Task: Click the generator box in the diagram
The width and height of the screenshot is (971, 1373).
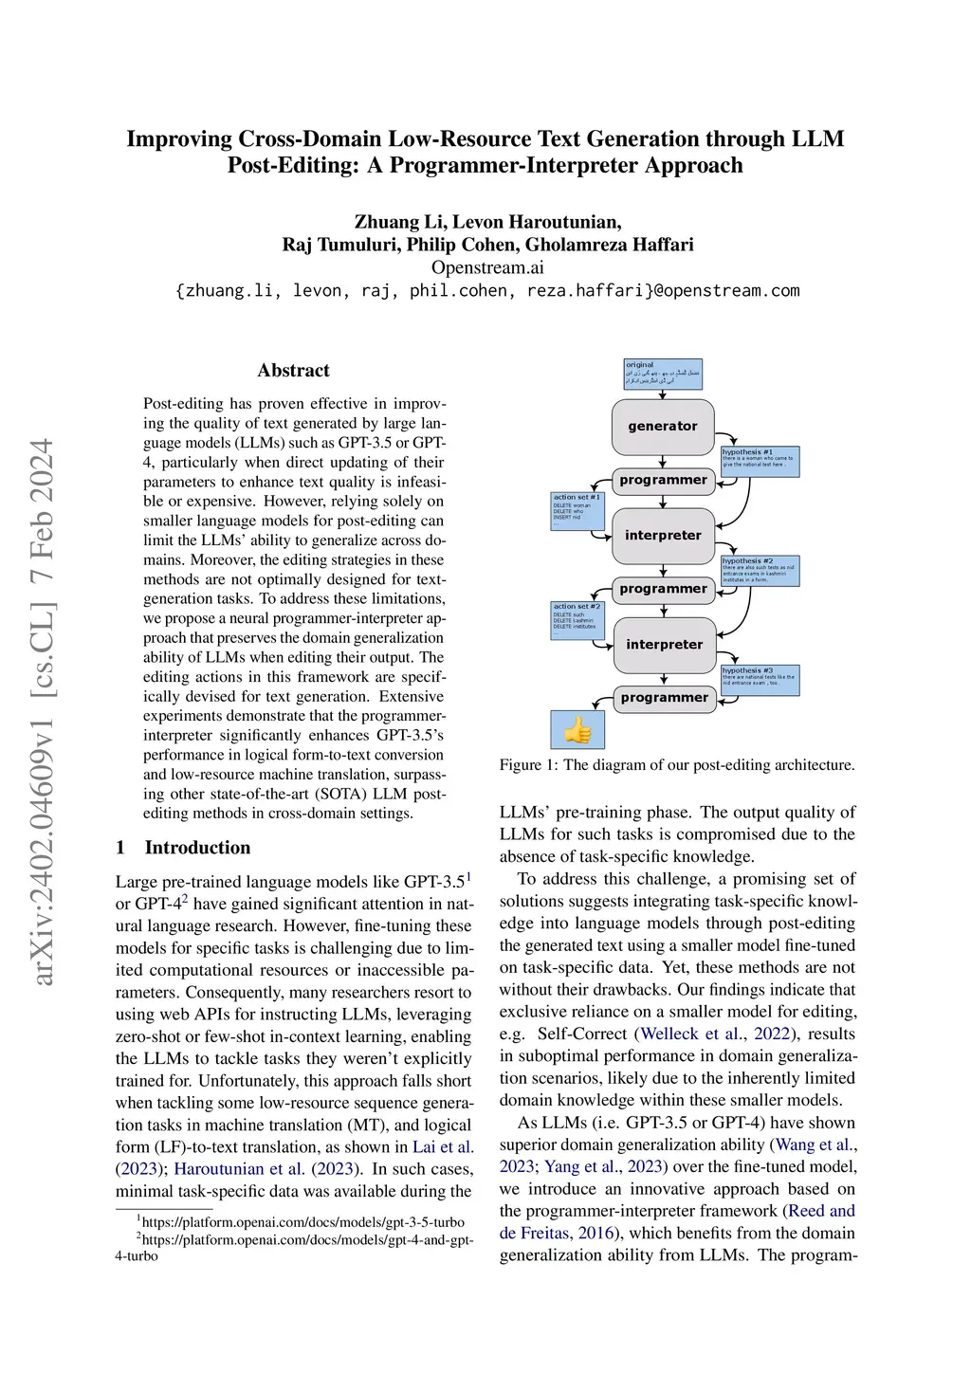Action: (x=662, y=427)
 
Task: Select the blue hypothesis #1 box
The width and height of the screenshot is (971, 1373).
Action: (x=760, y=461)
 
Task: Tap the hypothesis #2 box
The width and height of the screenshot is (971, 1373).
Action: (x=760, y=570)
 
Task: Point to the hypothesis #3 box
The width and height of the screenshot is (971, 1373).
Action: (x=760, y=680)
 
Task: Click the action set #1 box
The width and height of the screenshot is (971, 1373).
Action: (x=577, y=511)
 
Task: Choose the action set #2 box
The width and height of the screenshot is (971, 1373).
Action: (x=577, y=620)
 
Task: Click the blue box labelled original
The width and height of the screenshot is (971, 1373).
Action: (x=663, y=374)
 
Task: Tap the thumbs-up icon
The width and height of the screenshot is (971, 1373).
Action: (x=577, y=730)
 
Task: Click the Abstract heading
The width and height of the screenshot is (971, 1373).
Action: (x=293, y=371)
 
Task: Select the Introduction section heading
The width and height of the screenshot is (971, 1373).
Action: (x=197, y=848)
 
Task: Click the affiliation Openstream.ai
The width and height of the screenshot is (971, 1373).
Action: (x=487, y=267)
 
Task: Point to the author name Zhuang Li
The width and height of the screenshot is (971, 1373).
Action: (x=397, y=222)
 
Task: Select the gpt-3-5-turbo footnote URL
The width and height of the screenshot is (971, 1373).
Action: (x=302, y=1222)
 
